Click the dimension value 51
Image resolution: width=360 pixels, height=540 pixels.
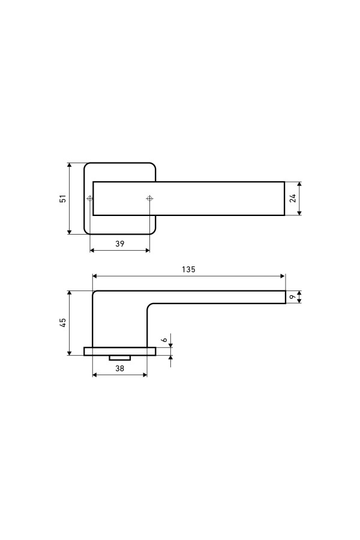coord(63,199)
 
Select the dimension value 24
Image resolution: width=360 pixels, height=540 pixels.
coord(292,198)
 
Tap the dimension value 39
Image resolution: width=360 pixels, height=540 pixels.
coord(119,244)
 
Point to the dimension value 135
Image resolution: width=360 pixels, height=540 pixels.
coord(188,269)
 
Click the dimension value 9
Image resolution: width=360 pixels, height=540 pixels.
coord(292,297)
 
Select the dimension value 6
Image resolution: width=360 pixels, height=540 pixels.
coord(164,340)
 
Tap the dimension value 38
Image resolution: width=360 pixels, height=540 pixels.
coord(119,368)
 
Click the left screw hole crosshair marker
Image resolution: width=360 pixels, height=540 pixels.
coord(89,199)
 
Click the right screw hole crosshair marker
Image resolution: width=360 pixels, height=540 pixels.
coord(149,199)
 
